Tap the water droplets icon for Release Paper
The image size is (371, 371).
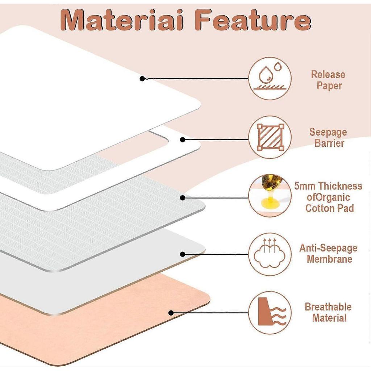point(270,78)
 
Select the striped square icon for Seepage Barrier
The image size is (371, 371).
point(270,137)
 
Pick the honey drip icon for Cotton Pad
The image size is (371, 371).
point(270,196)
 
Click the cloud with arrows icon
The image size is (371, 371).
point(270,254)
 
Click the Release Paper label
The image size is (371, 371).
point(328,80)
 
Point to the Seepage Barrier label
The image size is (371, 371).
point(328,137)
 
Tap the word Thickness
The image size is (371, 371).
point(341,186)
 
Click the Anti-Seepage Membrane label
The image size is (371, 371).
point(328,253)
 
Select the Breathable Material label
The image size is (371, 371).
point(328,312)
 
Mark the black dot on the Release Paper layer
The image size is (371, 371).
point(142,79)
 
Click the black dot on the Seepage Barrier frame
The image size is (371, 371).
point(183,140)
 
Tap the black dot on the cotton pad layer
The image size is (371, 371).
point(183,198)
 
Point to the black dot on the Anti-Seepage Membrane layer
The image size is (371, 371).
point(183,254)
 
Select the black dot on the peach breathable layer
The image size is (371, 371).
point(171,313)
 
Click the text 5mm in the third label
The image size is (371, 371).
point(306,186)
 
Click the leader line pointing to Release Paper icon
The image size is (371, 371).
point(197,79)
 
